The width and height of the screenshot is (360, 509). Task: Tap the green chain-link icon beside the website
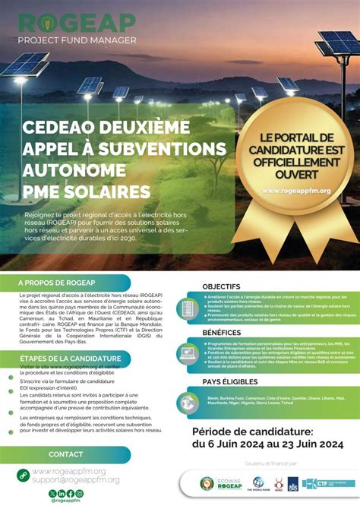(23, 476)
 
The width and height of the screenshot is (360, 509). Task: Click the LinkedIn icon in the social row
(62, 493)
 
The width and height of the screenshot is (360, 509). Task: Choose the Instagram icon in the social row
(80, 493)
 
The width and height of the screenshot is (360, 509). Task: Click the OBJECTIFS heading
(221, 286)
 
